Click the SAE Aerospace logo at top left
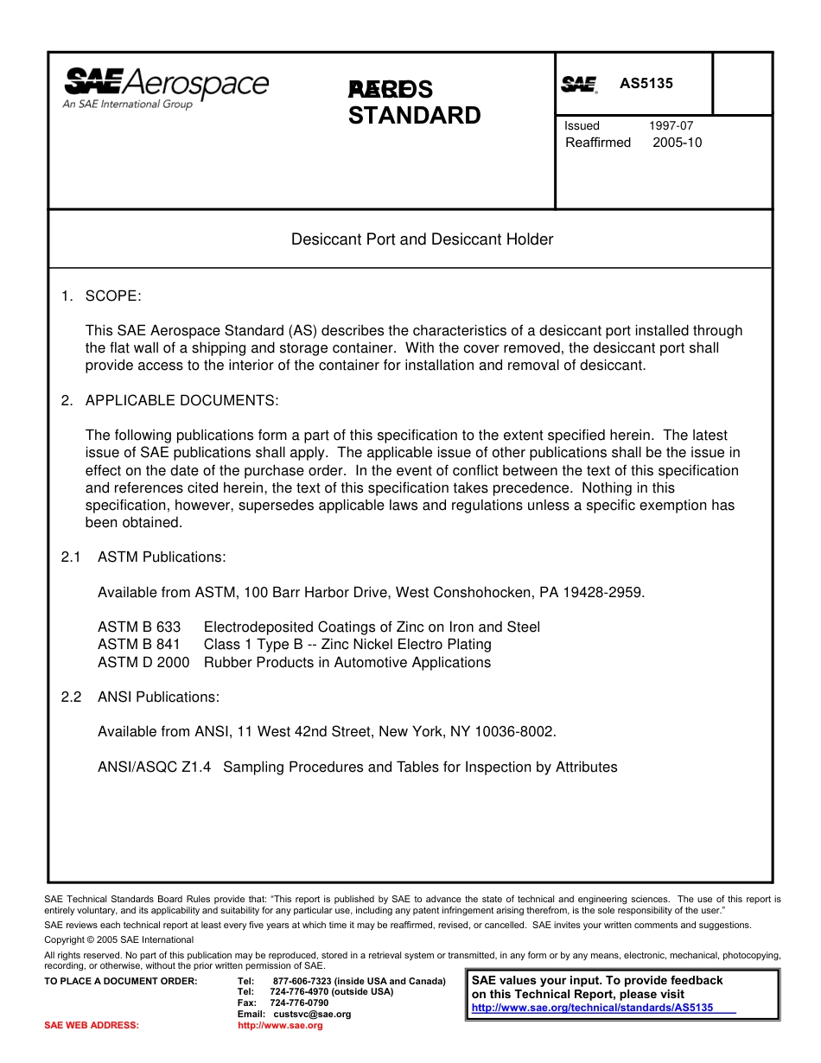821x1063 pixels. click(x=166, y=88)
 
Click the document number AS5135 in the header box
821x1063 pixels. click(x=646, y=84)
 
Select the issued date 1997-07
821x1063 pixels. click(x=671, y=125)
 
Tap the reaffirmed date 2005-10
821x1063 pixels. click(x=678, y=143)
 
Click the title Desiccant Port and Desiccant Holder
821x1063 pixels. click(x=422, y=239)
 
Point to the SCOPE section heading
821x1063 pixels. click(x=112, y=296)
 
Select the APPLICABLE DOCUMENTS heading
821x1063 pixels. click(x=181, y=401)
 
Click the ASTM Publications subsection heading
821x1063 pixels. click(x=162, y=557)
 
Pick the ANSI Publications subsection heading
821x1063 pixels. click(x=158, y=697)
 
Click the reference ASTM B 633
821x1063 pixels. click(x=139, y=627)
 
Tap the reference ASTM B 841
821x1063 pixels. click(x=139, y=645)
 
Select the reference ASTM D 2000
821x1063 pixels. click(x=143, y=663)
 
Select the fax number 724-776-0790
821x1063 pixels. click(x=299, y=1003)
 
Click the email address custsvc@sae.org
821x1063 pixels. click(x=312, y=1014)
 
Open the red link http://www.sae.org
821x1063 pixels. click(x=280, y=1025)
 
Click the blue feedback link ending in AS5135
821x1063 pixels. click(x=592, y=1008)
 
